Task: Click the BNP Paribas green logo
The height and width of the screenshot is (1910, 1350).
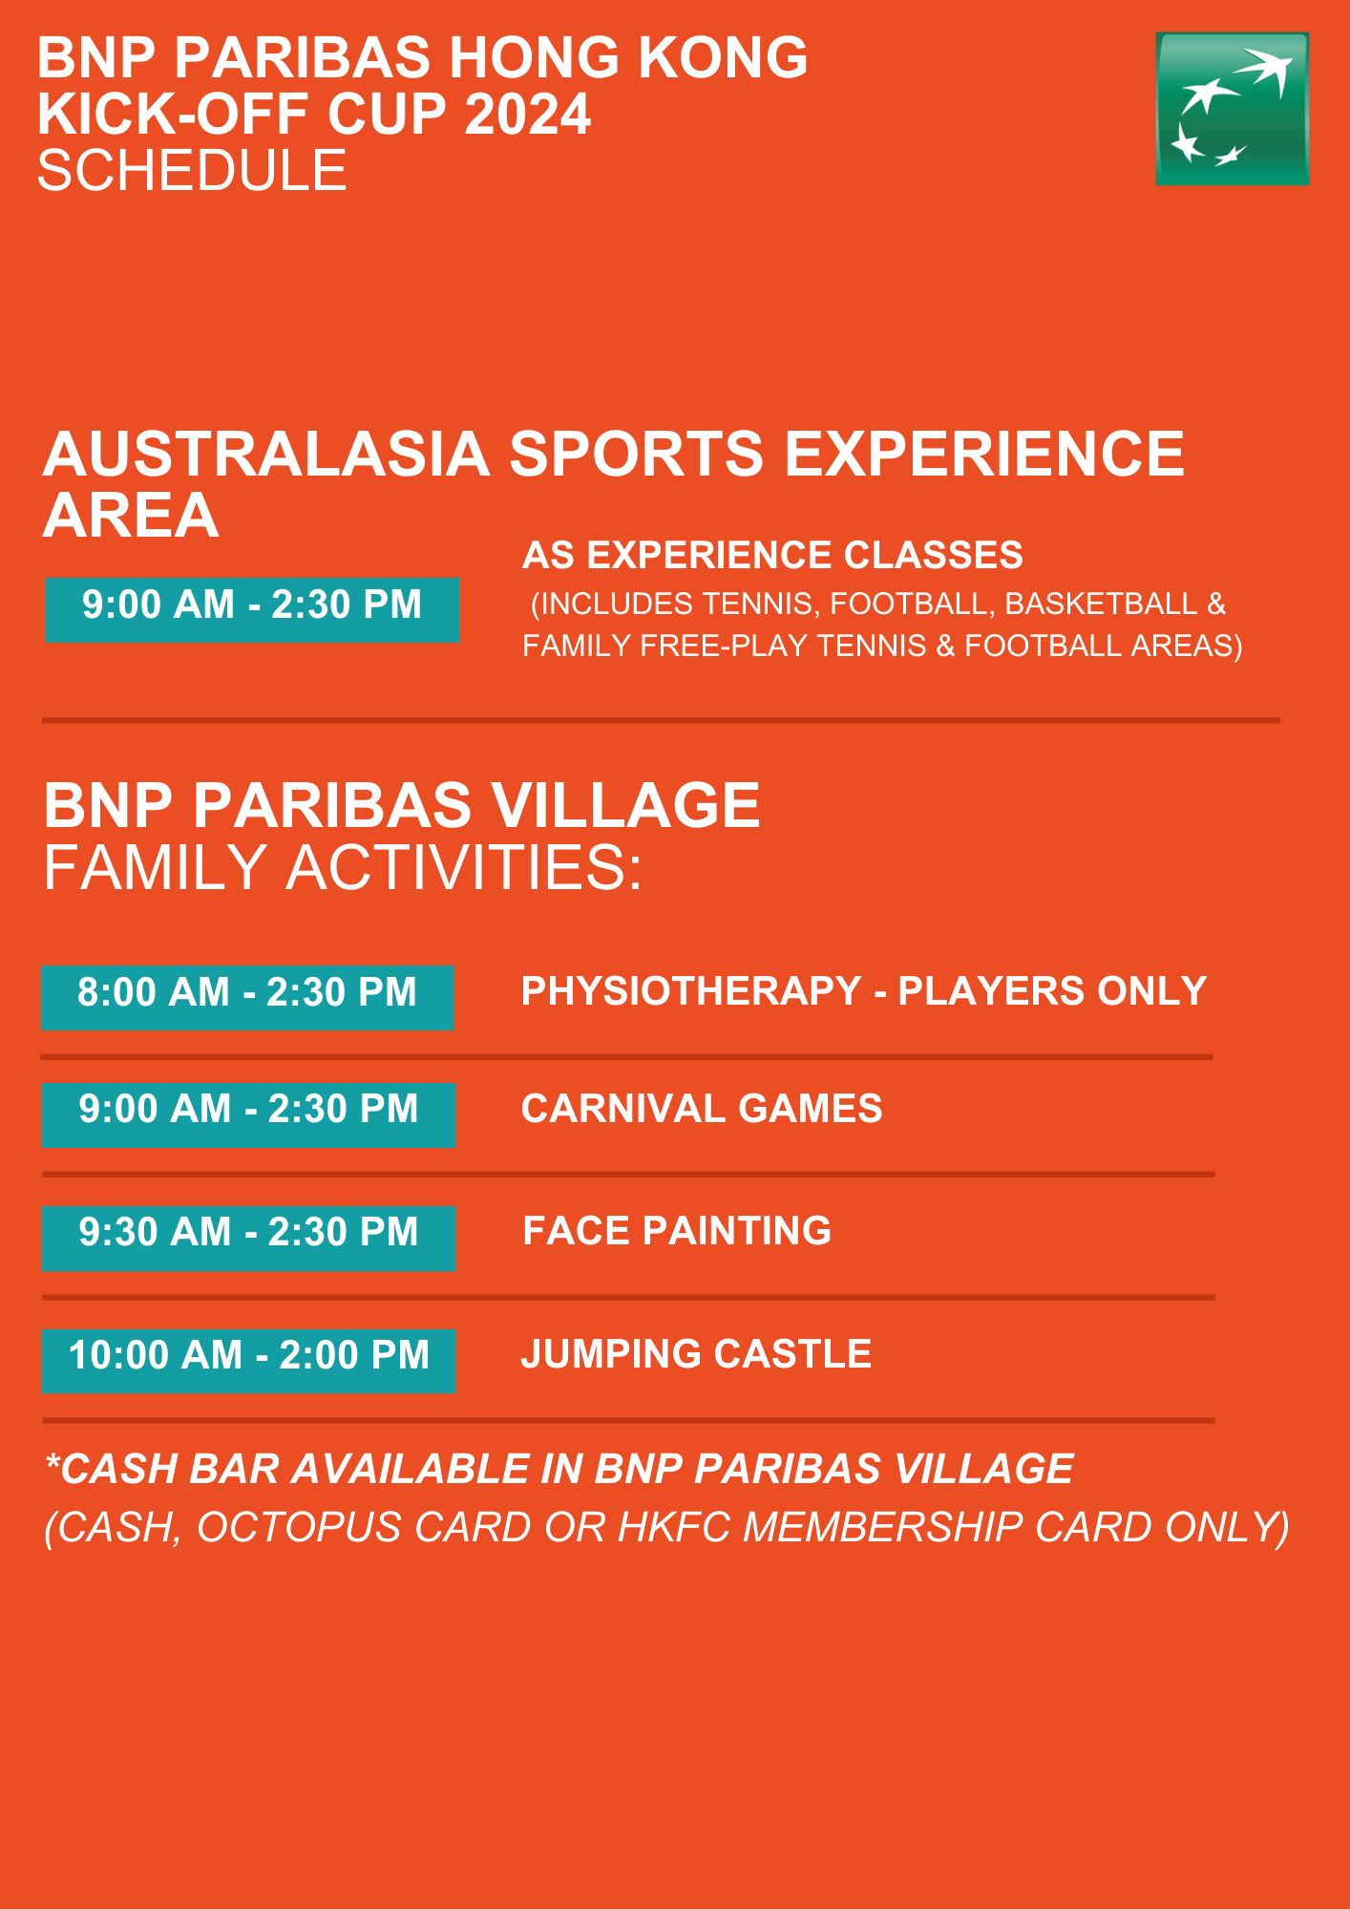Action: [1232, 109]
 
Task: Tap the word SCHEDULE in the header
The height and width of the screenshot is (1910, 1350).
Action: [192, 171]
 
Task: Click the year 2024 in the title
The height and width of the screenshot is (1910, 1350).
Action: [528, 115]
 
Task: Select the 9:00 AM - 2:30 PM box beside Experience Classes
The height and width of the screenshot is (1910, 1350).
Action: [252, 610]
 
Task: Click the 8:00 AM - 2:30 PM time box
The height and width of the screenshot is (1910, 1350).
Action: [247, 998]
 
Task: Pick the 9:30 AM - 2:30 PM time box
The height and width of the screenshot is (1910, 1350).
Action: [248, 1239]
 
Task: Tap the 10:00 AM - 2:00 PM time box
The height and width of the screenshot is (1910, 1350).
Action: [248, 1361]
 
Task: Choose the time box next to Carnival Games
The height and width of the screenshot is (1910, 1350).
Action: [248, 1114]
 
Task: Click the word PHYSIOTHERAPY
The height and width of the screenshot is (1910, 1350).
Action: [691, 991]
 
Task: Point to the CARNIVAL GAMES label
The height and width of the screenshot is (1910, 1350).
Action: [702, 1109]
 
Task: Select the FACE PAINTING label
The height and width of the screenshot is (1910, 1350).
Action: [677, 1231]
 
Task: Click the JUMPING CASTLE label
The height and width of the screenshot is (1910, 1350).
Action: [696, 1354]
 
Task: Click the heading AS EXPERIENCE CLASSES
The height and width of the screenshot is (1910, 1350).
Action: [772, 555]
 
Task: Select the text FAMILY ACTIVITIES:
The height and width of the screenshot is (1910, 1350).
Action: [343, 868]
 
